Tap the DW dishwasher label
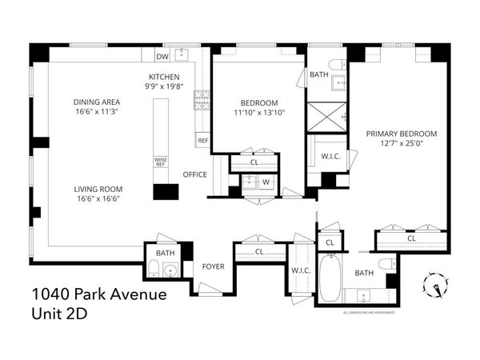pos(162,57)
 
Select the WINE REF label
pos(159,162)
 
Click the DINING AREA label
pos(98,102)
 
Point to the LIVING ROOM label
pos(99,190)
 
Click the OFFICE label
pos(195,174)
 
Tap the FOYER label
pos(213,266)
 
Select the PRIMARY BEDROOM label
pos(402,134)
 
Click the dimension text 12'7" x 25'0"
pos(402,144)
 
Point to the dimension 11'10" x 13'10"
pos(258,113)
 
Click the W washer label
pos(266,182)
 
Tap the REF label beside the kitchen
pos(202,141)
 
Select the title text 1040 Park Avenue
pos(100,295)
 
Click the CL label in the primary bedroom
pos(411,238)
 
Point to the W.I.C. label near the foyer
pos(301,270)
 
